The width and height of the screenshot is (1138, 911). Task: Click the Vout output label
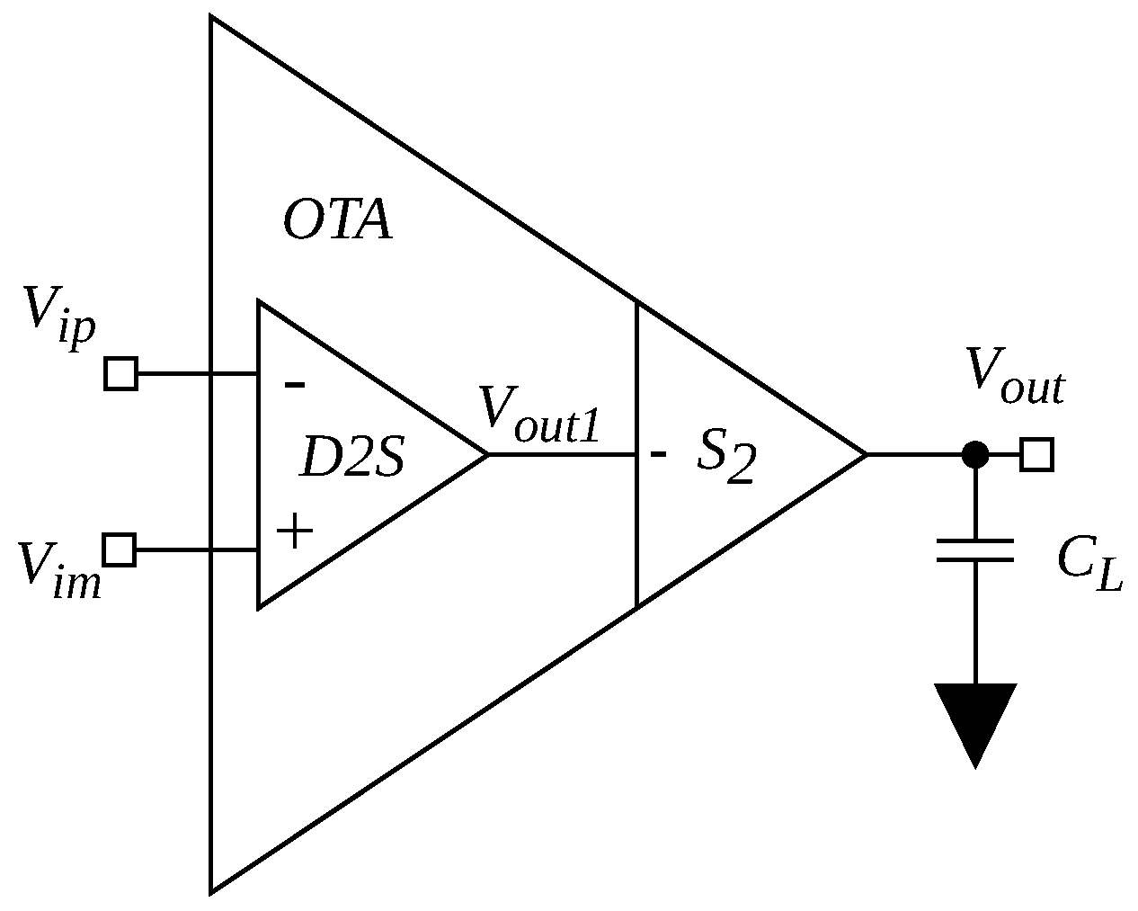pyautogui.click(x=1015, y=376)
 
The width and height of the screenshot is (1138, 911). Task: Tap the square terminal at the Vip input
pyautogui.click(x=120, y=373)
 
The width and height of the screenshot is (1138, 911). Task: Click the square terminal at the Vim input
pyautogui.click(x=120, y=549)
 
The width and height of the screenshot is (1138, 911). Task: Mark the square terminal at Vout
pyautogui.click(x=1037, y=455)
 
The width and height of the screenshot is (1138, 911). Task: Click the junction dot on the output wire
pyautogui.click(x=975, y=455)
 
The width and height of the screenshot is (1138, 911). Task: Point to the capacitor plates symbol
pyautogui.click(x=975, y=550)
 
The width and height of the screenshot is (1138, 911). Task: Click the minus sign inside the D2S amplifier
pyautogui.click(x=294, y=385)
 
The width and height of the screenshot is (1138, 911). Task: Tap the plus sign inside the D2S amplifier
pyautogui.click(x=294, y=531)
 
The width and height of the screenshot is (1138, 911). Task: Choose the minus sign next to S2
pyautogui.click(x=659, y=455)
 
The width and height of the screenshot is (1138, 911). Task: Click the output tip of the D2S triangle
pyautogui.click(x=486, y=455)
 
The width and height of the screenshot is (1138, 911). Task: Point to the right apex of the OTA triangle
pyautogui.click(x=865, y=455)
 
